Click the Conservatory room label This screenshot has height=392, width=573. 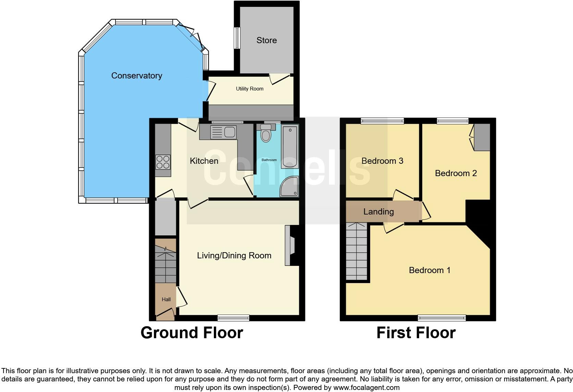(x=136, y=76)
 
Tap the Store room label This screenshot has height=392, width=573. (x=266, y=40)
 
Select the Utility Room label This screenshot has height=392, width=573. (x=249, y=89)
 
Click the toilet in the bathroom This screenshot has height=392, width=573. (x=266, y=133)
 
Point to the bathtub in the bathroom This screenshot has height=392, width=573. (x=290, y=146)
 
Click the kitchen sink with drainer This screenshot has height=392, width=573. (x=223, y=132)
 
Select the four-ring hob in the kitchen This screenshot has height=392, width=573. (x=163, y=162)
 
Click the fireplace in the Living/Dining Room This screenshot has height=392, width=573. (x=290, y=245)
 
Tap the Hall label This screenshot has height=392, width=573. (x=166, y=299)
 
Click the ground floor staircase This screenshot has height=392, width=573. (x=166, y=262)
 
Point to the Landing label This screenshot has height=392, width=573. (x=378, y=212)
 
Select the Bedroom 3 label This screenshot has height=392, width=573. (x=382, y=161)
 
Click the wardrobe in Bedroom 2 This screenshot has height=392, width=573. (x=481, y=137)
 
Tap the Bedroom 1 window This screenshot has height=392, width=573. (x=441, y=318)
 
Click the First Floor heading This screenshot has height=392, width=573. (x=416, y=333)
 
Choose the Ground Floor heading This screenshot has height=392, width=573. (x=192, y=333)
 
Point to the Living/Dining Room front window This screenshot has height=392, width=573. (x=233, y=318)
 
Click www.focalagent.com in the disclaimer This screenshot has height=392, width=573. (x=366, y=388)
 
